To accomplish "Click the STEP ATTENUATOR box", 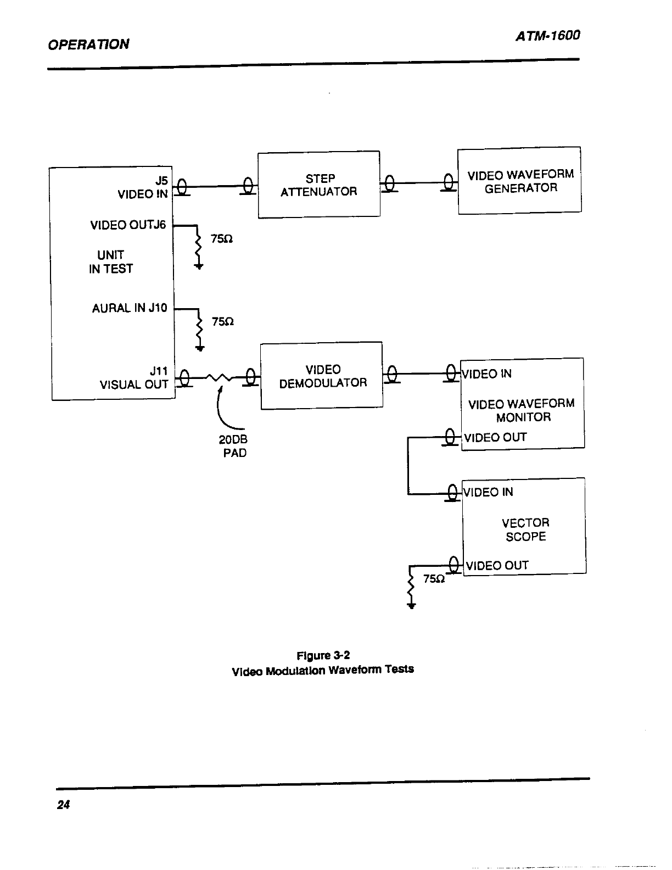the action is point(319,185).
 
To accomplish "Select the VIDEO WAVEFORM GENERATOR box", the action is point(519,181).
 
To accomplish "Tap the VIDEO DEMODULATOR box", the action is point(322,376).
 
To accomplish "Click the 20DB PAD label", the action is point(233,446).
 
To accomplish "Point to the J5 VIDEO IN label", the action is point(143,187).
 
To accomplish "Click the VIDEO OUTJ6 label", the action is point(128,225).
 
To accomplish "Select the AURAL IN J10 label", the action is point(130,308).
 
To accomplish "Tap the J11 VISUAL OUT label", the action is point(134,377).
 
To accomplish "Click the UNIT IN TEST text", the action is point(111,262).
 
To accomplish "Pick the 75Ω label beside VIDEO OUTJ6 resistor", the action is point(222,239).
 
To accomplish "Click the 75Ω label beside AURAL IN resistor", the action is point(223,322).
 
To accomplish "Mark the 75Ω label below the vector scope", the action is point(434,579).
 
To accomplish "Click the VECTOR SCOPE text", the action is point(525,529).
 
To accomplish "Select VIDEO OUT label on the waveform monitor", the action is point(496,437).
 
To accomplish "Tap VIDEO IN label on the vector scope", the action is point(488,492).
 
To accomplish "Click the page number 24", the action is point(63,805).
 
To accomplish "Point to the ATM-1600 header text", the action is point(548,36).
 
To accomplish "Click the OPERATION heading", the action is point(88,44).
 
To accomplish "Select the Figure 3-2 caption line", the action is point(323,655).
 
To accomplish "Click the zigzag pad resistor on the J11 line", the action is point(219,377).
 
